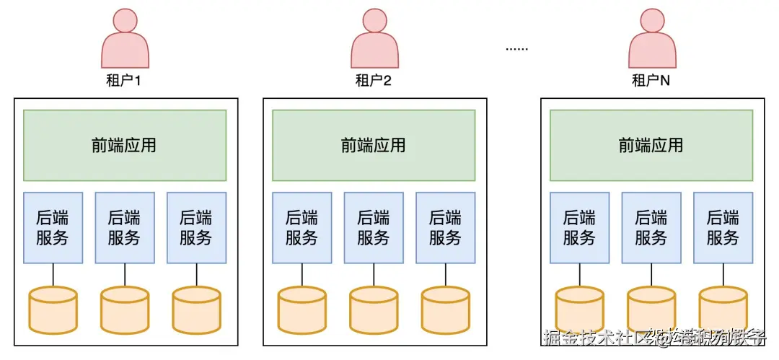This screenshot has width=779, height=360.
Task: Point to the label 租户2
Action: [x=374, y=80]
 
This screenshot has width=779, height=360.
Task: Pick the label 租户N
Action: [x=651, y=80]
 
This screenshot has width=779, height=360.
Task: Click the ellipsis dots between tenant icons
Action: [x=516, y=49]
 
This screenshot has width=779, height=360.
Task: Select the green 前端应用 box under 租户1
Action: [x=125, y=145]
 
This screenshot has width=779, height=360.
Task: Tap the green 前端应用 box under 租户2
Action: [x=374, y=145]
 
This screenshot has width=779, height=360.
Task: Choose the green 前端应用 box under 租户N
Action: [x=651, y=145]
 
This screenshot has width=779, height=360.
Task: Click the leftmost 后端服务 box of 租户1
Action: [x=53, y=227]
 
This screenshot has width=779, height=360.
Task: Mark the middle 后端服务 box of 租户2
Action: [x=374, y=227]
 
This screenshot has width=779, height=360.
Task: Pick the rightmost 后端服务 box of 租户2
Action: [x=445, y=227]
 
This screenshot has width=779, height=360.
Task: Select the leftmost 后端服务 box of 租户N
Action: [x=579, y=227]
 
